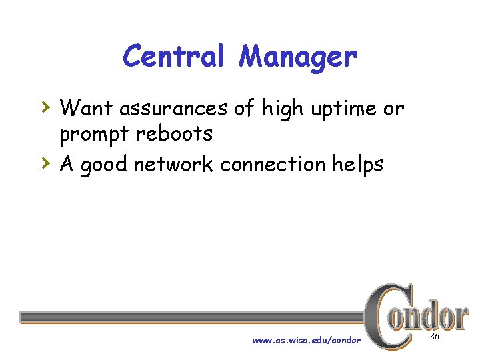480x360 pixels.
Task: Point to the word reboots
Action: point(175,133)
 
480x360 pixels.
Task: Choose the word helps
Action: point(360,165)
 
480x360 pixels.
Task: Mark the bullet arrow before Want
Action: point(45,106)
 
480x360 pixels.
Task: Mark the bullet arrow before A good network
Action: point(45,163)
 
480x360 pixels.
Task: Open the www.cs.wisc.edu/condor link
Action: point(306,340)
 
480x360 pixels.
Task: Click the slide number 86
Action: point(435,337)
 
